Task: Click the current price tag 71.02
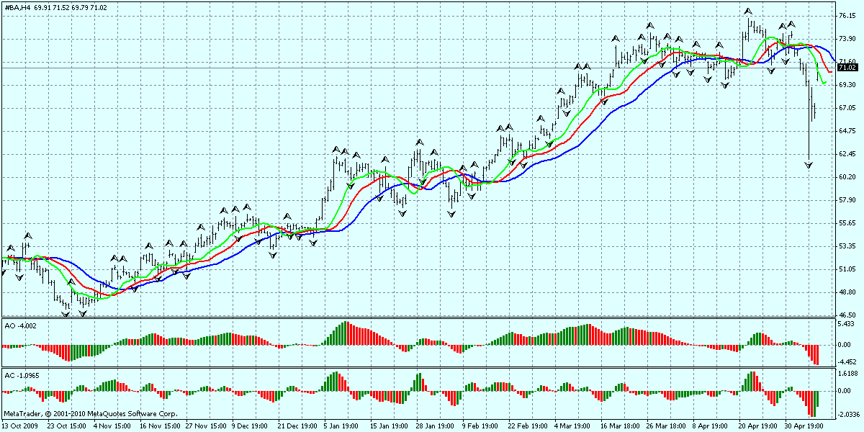coord(847,68)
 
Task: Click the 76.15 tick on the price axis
coord(847,16)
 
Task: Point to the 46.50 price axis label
coord(847,315)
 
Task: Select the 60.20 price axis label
coord(847,177)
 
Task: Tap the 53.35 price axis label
coord(847,246)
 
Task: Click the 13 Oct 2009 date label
coord(20,426)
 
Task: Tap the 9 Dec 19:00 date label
coord(250,426)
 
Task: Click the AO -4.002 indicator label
coord(20,326)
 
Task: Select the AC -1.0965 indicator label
coord(22,375)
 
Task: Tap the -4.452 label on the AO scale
coord(847,362)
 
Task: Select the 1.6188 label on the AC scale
coord(847,374)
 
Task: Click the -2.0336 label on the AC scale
coord(847,415)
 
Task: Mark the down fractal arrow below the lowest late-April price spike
coord(809,166)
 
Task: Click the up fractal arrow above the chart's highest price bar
coord(748,12)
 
